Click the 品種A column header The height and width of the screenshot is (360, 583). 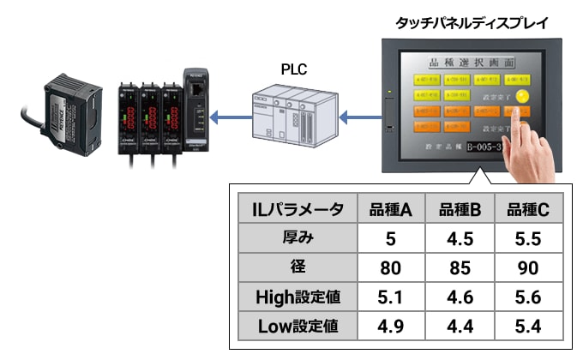(391, 208)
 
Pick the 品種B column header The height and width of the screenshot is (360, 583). (459, 208)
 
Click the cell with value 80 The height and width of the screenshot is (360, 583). (391, 267)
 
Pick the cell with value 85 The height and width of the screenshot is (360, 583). (459, 267)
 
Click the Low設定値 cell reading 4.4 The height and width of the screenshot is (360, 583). (459, 327)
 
